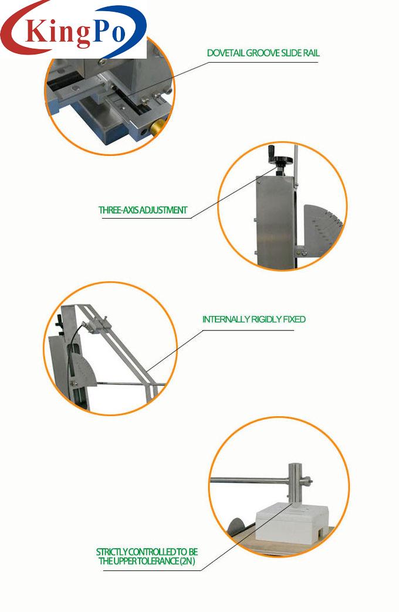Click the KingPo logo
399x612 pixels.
[x=73, y=29]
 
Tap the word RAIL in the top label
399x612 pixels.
[x=311, y=53]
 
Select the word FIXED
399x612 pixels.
[x=295, y=319]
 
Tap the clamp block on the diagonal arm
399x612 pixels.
[x=96, y=325]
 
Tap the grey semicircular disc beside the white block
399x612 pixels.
[x=236, y=526]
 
